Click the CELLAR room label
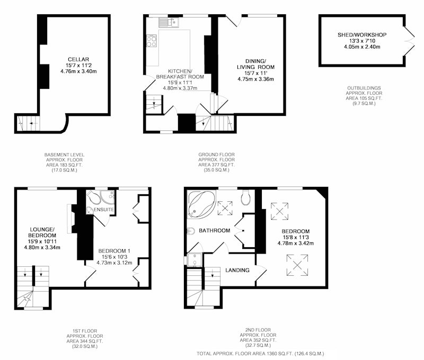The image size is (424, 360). [x=78, y=59]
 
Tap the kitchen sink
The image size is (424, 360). [x=169, y=22]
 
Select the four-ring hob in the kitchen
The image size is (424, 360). [x=152, y=41]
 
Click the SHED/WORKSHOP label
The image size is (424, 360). [x=362, y=35]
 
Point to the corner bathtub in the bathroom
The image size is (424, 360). [x=201, y=204]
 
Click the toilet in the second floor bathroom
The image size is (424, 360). [x=245, y=197]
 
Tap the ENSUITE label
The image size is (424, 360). [x=104, y=210]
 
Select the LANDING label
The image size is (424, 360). [x=237, y=270]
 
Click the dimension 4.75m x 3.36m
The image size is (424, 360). [x=255, y=79]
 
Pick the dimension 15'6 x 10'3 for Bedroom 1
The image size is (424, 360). [x=114, y=257]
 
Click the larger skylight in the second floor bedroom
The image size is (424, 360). [x=297, y=265]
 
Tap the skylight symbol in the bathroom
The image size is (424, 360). [x=225, y=208]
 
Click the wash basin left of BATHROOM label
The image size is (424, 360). [x=191, y=231]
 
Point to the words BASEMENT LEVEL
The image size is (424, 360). [x=64, y=155]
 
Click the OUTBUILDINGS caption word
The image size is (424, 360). [x=364, y=88]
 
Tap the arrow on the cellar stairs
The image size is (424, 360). [x=33, y=123]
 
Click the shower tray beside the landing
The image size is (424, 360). [x=195, y=260]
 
